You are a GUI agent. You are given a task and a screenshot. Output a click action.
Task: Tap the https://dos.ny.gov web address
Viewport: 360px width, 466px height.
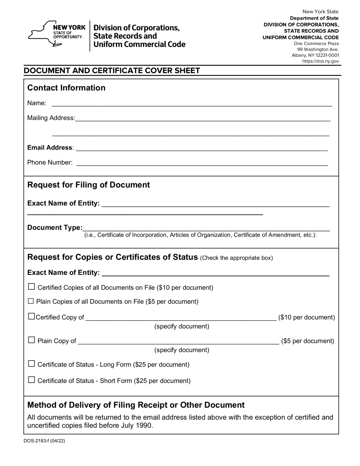coord(320,61)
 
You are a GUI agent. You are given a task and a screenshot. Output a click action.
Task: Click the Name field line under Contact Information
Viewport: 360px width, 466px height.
coord(192,104)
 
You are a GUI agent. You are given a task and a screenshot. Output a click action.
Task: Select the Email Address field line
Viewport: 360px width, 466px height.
coord(201,148)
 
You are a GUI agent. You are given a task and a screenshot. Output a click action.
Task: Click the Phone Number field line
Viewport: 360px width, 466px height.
coord(202,163)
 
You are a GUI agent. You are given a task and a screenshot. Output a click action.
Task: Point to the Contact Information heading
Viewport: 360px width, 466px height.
coord(66,88)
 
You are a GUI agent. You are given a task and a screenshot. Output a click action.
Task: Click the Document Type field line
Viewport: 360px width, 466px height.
coord(206,228)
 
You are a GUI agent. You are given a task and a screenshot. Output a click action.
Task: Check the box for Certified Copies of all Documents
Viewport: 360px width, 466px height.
coord(31,287)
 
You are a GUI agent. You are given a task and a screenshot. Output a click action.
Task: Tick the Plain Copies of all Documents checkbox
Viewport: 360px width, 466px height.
coord(31,301)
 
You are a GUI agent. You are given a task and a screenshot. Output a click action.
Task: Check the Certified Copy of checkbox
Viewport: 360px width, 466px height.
coord(31,316)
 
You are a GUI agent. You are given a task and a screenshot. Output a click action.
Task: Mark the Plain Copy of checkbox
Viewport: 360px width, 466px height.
coord(31,340)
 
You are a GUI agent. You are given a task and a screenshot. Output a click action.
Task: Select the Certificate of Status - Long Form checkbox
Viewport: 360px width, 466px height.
coord(31,364)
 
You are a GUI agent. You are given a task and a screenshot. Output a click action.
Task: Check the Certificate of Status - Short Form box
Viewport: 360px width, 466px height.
coord(31,380)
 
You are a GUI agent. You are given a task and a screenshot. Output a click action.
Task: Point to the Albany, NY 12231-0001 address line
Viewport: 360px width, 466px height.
coord(315,55)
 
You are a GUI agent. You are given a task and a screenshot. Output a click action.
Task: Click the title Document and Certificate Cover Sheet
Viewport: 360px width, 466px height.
coord(112,71)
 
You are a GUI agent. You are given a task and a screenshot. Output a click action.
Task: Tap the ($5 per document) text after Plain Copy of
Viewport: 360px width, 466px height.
coord(308,341)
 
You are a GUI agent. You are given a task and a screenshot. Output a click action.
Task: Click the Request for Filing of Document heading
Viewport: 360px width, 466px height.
coord(89,185)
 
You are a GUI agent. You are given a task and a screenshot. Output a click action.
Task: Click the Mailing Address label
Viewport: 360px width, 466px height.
coord(51,118)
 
